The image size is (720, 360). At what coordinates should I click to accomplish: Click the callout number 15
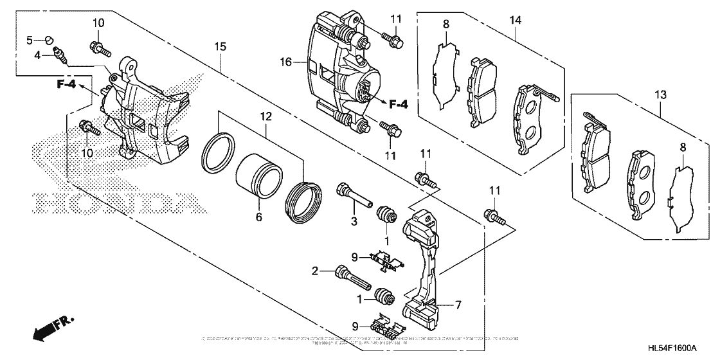pyautogui.click(x=221, y=46)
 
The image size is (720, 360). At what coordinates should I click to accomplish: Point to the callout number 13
pyautogui.click(x=660, y=95)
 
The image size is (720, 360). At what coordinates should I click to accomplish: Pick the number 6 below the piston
pyautogui.click(x=259, y=218)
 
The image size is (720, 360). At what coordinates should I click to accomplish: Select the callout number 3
pyautogui.click(x=354, y=222)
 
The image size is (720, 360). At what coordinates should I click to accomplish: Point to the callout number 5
pyautogui.click(x=30, y=40)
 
